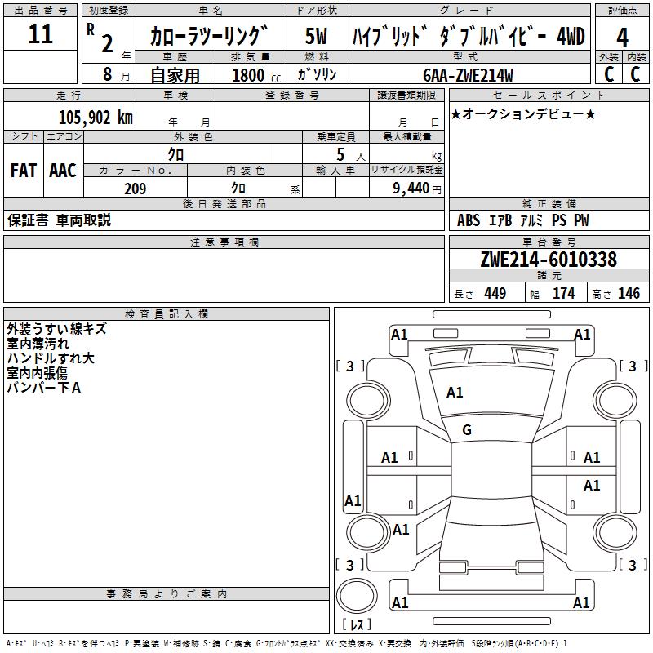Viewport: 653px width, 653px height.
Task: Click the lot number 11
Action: (40, 35)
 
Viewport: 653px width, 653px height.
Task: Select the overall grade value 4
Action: (622, 37)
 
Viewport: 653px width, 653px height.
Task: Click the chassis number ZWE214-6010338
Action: (549, 260)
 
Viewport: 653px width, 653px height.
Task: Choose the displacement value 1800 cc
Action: (254, 75)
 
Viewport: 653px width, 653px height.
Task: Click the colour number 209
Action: (135, 189)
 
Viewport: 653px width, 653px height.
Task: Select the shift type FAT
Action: (23, 171)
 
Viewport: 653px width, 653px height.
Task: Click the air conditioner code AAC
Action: (63, 171)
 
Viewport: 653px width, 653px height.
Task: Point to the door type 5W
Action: (317, 37)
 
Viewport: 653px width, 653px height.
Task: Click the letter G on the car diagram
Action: (467, 430)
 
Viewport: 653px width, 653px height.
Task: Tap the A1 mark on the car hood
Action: (455, 393)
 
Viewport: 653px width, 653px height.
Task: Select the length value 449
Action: (495, 294)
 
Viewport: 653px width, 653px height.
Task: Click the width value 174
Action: (563, 294)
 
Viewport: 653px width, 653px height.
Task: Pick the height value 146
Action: (629, 294)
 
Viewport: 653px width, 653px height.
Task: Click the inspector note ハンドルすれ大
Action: (51, 358)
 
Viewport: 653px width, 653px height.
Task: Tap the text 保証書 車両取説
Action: (59, 220)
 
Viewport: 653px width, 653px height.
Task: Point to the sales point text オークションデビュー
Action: (523, 114)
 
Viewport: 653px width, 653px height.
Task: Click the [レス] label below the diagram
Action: (356, 624)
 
